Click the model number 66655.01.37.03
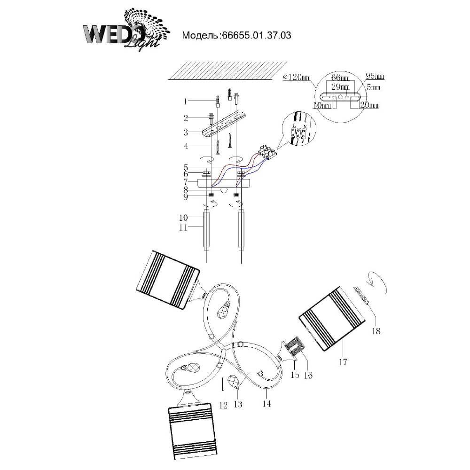[x=256, y=35]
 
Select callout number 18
[x=376, y=331]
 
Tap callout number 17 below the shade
[x=343, y=362]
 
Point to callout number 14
[x=266, y=403]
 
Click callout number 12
[x=223, y=405]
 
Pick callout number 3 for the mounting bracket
[x=186, y=132]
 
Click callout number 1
[x=185, y=102]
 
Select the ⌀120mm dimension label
[x=296, y=78]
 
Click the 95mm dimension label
[x=375, y=76]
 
